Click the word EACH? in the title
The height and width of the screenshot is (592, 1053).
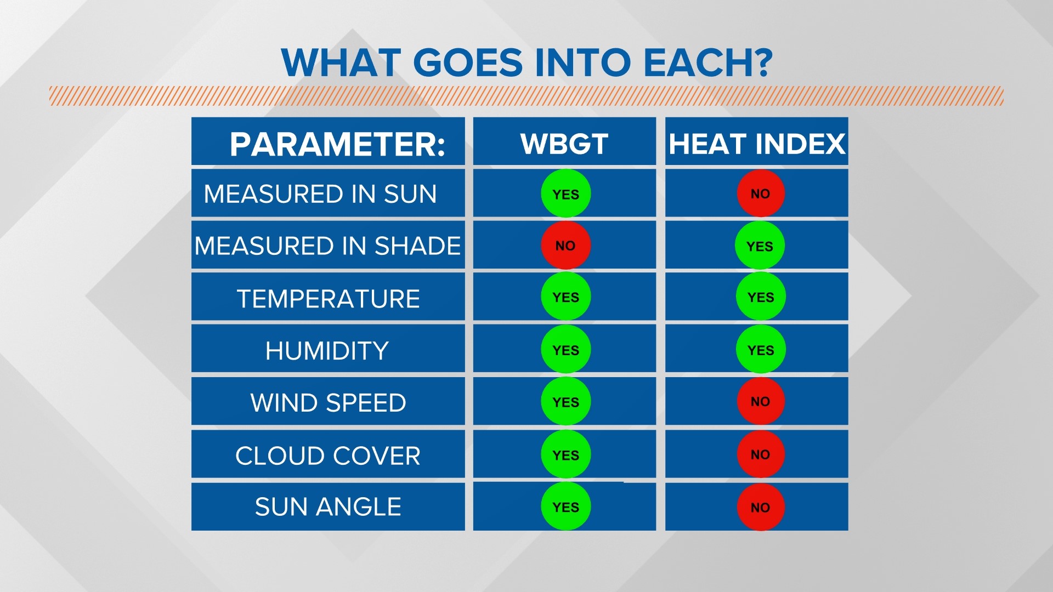tap(707, 62)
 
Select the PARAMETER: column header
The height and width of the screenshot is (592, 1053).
tap(337, 144)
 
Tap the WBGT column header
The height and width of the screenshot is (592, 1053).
tap(564, 144)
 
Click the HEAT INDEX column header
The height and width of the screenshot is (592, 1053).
tap(757, 144)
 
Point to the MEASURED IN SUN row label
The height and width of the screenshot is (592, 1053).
tap(320, 194)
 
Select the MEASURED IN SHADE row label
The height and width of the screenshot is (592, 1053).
tap(327, 246)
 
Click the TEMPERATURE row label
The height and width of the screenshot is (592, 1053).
tap(328, 299)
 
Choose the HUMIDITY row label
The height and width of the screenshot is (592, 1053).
tap(327, 351)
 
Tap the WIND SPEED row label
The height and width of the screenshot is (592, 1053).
tap(328, 403)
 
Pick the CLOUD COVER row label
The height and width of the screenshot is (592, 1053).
tap(327, 456)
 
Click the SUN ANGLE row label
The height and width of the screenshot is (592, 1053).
tap(328, 506)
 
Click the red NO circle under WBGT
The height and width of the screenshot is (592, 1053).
tap(565, 246)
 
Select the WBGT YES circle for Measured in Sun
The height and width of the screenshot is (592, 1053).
tap(565, 194)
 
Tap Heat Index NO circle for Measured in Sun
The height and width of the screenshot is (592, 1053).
tap(760, 193)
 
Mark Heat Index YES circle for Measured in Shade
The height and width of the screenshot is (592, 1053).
tap(760, 246)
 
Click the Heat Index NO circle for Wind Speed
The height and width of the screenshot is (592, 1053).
tap(760, 401)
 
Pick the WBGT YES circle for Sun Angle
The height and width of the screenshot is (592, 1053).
tap(565, 507)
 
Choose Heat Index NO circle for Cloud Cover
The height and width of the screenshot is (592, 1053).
tap(760, 454)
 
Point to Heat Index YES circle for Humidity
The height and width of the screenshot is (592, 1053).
tap(760, 350)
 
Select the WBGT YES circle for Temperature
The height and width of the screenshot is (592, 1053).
tap(565, 297)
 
